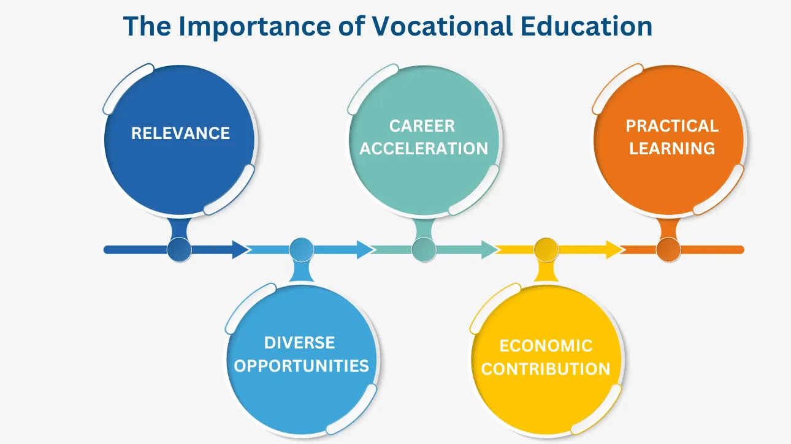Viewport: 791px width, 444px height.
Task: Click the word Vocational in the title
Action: (x=442, y=26)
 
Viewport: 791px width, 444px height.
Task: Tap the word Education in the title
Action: (x=586, y=26)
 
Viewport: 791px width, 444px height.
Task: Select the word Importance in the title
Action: (x=255, y=27)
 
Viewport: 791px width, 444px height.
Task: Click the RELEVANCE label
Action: (x=180, y=134)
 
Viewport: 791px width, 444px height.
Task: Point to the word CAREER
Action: (x=422, y=126)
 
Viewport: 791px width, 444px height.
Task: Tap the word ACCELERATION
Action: (x=424, y=148)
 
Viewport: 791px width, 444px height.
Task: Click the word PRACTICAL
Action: (x=672, y=126)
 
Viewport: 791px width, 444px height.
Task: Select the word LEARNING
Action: (x=672, y=148)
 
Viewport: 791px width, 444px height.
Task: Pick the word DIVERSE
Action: (x=299, y=343)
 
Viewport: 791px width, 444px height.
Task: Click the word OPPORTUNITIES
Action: (x=301, y=366)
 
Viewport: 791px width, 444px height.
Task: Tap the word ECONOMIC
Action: (x=546, y=346)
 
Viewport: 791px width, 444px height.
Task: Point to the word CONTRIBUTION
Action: (x=546, y=369)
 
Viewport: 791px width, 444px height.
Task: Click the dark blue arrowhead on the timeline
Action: (x=240, y=250)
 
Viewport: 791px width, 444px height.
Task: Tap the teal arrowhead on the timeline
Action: (x=490, y=250)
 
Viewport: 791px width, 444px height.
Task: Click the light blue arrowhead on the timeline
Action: (x=365, y=250)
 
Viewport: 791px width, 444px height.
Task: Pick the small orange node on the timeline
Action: (x=668, y=250)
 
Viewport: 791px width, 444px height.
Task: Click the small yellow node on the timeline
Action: (x=546, y=250)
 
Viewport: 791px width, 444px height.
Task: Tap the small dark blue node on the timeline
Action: (x=180, y=250)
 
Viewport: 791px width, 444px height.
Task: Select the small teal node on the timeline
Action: (x=424, y=250)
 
